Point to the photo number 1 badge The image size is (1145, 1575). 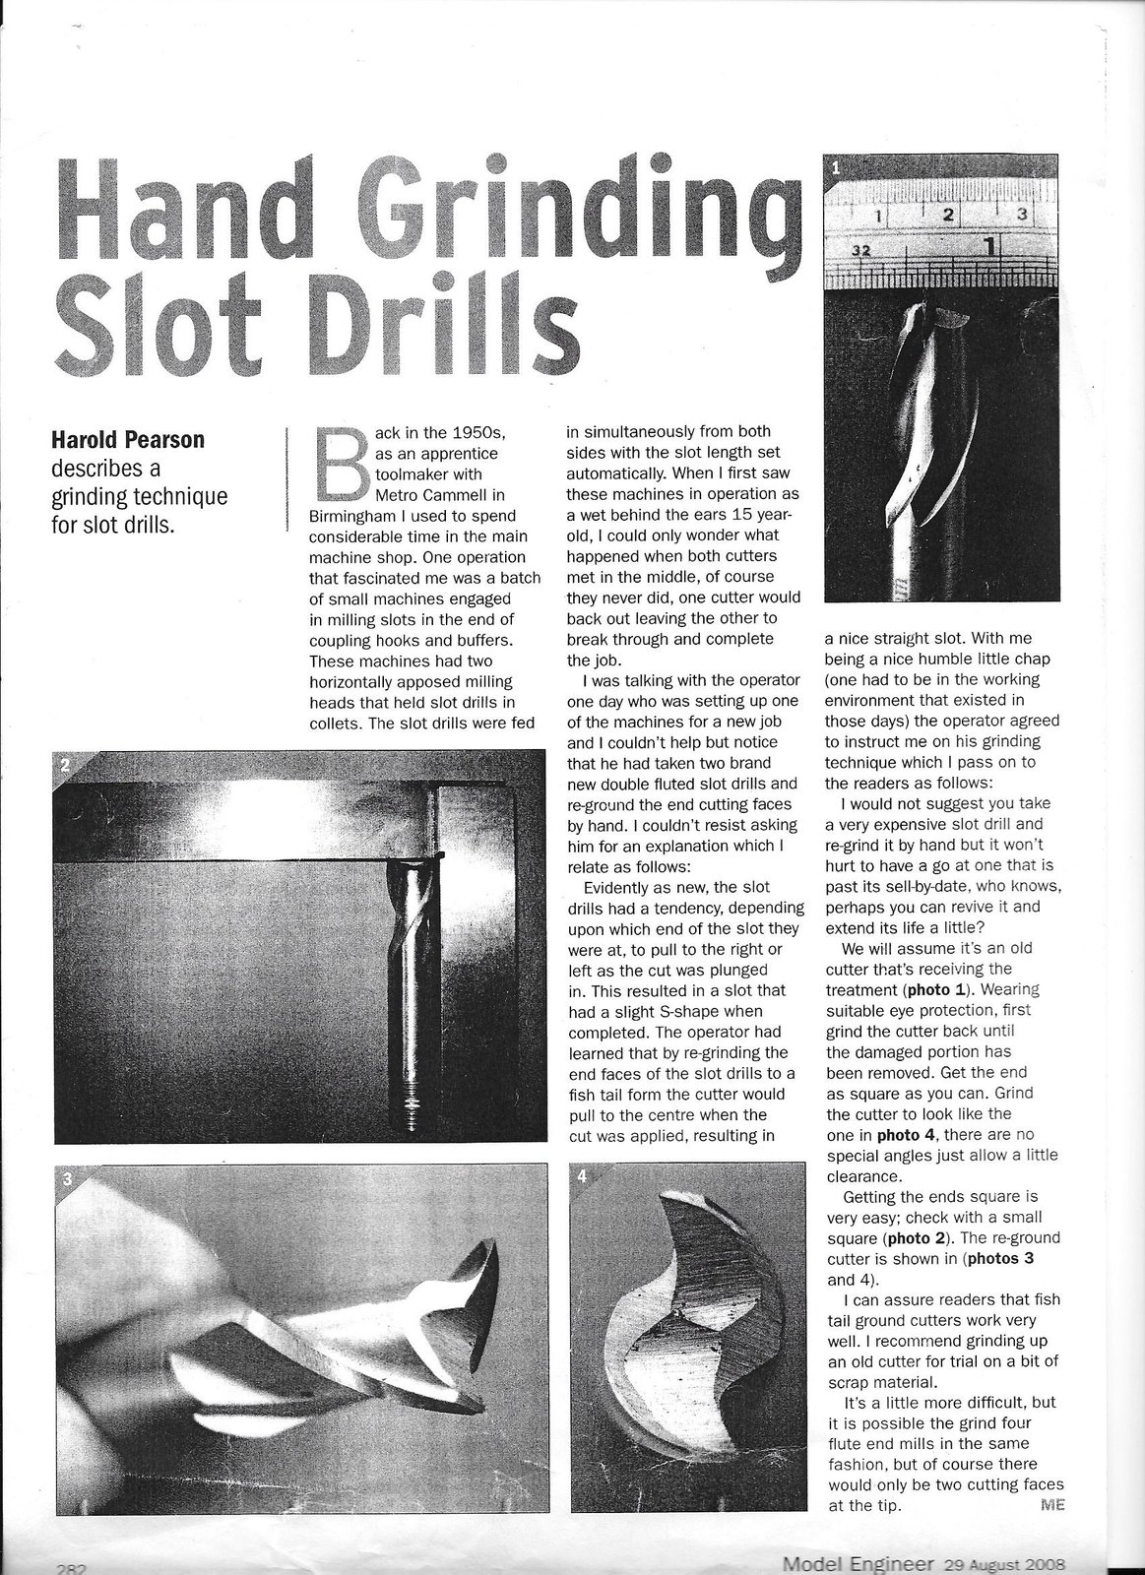pyautogui.click(x=835, y=167)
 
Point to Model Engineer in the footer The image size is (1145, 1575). pyautogui.click(x=859, y=1562)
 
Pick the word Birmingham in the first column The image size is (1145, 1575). pyautogui.click(x=352, y=515)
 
